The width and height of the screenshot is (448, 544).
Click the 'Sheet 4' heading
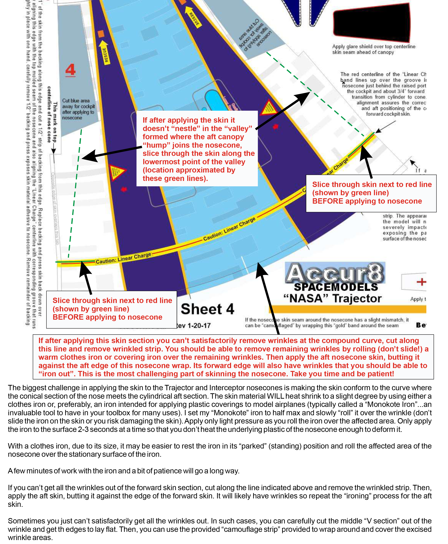[207, 309]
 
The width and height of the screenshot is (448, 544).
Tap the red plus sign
[421, 282]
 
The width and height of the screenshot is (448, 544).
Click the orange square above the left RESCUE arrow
[101, 34]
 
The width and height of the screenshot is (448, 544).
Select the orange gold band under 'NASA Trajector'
[347, 309]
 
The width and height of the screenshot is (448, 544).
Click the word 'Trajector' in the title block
[357, 298]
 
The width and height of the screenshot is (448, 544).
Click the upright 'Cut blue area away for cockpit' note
[78, 109]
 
